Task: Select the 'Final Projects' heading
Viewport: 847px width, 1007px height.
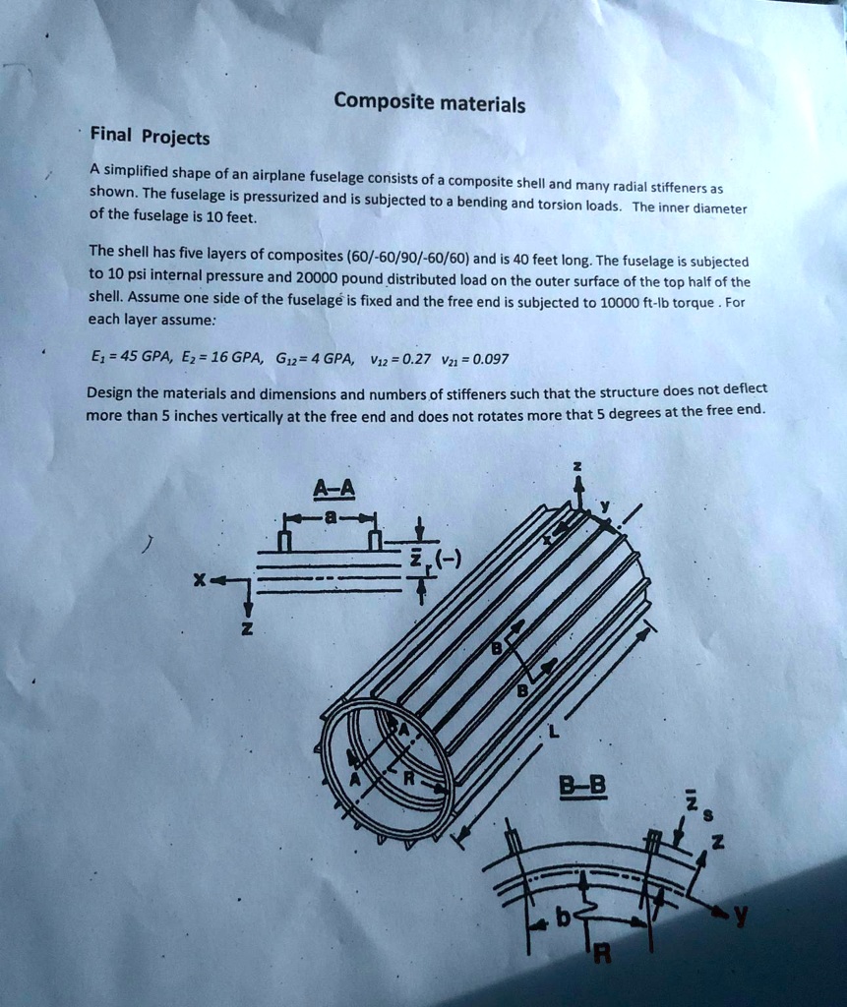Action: [150, 137]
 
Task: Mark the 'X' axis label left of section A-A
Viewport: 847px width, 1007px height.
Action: [200, 579]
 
